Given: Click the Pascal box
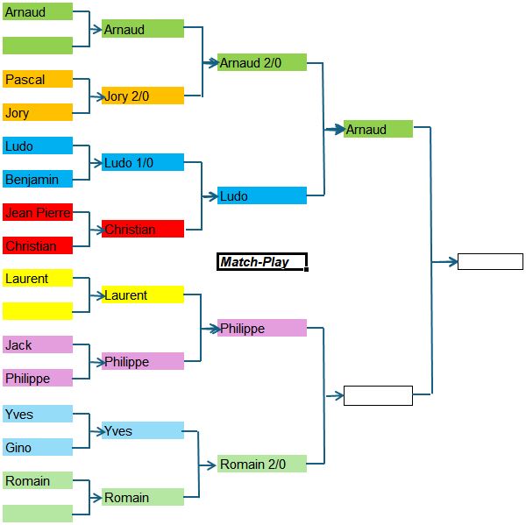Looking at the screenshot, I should tap(38, 79).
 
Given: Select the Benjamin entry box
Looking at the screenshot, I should tap(38, 179).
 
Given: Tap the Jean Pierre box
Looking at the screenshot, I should tap(38, 212).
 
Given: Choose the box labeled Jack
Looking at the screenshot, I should tap(38, 345).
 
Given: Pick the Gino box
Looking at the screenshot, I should tap(38, 447).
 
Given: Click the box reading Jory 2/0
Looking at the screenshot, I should tap(143, 96).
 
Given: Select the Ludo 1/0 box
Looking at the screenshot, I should tap(143, 162).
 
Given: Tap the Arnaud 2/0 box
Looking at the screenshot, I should tap(262, 62).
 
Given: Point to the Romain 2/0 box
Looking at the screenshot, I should tap(262, 464).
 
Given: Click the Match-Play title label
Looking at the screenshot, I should tap(262, 261).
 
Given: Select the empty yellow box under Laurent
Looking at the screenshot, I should tap(38, 311).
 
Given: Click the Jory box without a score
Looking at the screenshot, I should tap(38, 112).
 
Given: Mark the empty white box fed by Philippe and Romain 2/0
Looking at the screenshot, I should tap(378, 395).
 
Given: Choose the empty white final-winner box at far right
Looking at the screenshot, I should tap(490, 261).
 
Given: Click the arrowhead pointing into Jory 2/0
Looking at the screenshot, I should tap(97, 96).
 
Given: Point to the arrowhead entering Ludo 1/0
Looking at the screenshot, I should tap(97, 162).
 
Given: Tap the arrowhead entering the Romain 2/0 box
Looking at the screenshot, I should tap(212, 464).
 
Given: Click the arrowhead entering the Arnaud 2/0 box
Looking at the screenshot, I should tap(212, 62).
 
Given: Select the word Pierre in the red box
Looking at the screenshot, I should tap(53, 212).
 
